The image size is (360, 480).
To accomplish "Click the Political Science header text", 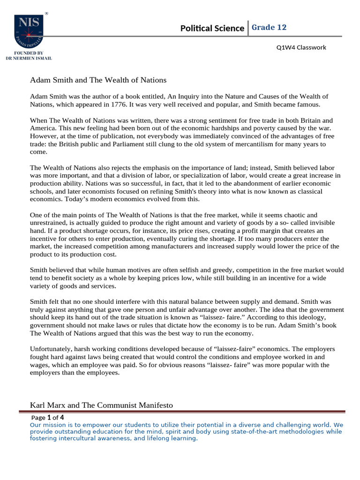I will click(212, 29).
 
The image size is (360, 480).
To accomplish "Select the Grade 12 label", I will click(269, 28).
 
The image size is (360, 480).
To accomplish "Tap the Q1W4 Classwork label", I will click(301, 47).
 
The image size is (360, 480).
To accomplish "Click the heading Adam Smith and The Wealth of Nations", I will click(98, 80).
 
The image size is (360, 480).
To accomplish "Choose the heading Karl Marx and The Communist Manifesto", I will click(102, 405).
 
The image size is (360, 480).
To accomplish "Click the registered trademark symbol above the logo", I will click(46, 14).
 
